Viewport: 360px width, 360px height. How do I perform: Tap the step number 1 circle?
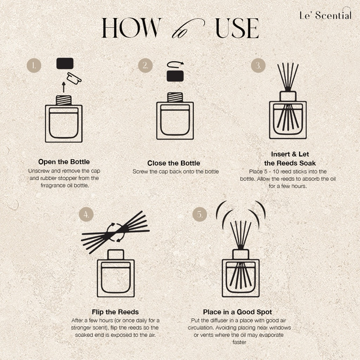tap(34, 65)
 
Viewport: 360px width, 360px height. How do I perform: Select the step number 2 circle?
tap(145, 65)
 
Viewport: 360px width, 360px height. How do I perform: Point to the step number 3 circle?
tap(258, 65)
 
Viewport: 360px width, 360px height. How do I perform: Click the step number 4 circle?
tap(86, 214)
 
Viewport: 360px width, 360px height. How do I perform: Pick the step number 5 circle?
tap(200, 214)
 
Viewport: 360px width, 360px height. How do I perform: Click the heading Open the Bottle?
tap(64, 162)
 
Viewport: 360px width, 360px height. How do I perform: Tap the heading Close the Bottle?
tap(174, 163)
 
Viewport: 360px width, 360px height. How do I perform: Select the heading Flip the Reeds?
tap(115, 312)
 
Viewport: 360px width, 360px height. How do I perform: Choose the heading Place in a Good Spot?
tap(237, 312)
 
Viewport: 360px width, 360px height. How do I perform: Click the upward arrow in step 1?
tap(64, 87)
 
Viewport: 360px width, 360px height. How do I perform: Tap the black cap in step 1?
tap(65, 63)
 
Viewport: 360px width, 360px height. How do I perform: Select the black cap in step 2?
tap(175, 76)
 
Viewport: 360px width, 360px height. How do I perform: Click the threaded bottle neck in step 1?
tap(64, 100)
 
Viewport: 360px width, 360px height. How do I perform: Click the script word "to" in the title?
tap(188, 29)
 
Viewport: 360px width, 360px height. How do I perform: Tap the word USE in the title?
tap(237, 28)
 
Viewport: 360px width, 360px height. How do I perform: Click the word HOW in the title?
tap(131, 28)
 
